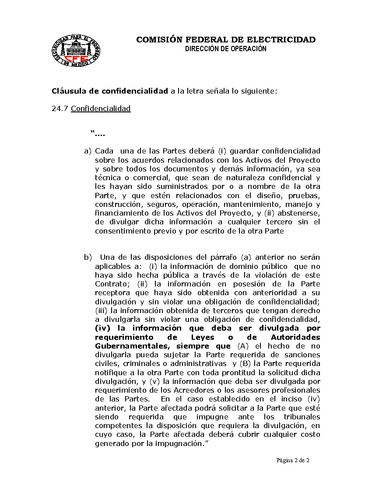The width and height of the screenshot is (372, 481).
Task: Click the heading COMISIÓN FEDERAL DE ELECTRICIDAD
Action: point(226,40)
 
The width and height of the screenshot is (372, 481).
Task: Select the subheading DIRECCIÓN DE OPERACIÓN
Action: point(226,49)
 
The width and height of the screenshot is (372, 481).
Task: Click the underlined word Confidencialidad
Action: point(101,108)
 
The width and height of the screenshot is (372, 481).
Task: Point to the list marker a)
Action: point(88,151)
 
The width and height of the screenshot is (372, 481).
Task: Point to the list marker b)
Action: point(88,257)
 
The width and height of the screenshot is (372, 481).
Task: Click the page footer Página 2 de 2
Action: point(293,460)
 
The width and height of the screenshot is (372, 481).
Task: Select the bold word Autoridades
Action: point(295,337)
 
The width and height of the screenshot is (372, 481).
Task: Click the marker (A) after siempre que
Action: point(236,346)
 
